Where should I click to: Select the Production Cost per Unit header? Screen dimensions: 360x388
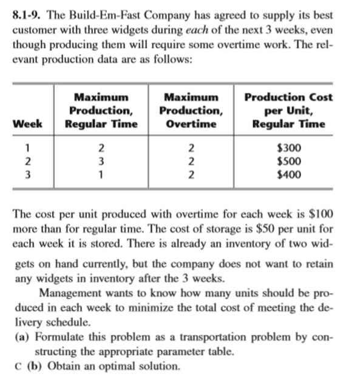tap(288, 111)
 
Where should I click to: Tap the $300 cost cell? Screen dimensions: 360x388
tap(288, 148)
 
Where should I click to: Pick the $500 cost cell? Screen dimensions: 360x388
tap(288, 162)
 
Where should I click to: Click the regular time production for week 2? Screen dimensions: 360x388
tap(102, 162)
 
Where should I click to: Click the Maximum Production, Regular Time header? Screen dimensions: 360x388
tap(102, 111)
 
